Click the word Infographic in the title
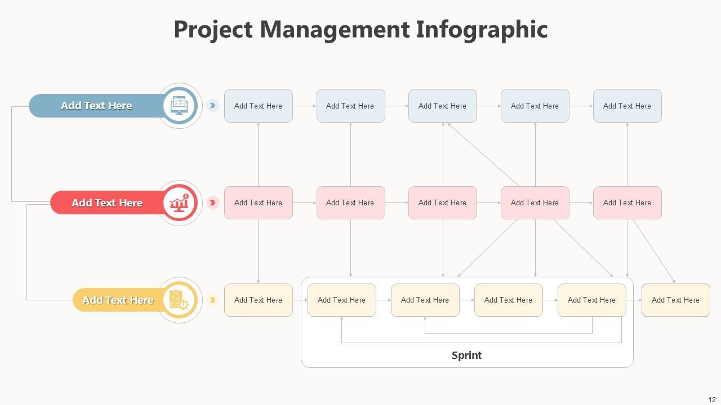[482, 30]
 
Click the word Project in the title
[213, 30]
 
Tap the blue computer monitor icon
[180, 106]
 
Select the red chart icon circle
[180, 203]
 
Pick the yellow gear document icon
[180, 300]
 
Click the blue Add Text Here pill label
[96, 106]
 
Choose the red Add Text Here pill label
[107, 203]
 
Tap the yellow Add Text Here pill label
[118, 300]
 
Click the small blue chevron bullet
[212, 106]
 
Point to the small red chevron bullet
[212, 203]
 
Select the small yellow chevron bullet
[212, 300]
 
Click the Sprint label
[466, 355]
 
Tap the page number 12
[712, 400]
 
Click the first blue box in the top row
[258, 106]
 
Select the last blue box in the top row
[627, 106]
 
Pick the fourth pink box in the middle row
[535, 203]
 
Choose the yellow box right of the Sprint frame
[675, 300]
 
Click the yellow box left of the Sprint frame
[258, 300]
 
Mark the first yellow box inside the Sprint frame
[341, 300]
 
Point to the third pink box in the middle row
[442, 203]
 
